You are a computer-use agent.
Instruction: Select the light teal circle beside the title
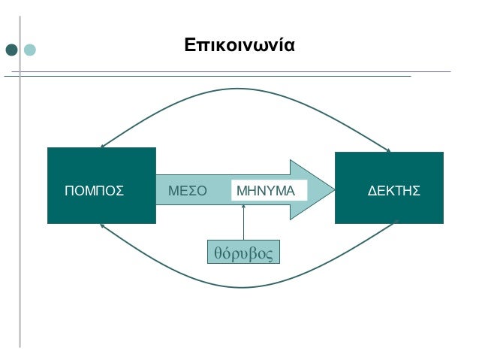coord(29,50)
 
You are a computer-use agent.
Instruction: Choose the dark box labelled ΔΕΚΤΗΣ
coord(389,188)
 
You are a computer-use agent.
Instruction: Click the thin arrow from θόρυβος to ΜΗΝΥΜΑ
coord(244,222)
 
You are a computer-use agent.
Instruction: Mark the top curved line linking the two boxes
coord(246,89)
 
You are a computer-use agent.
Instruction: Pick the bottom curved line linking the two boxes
coord(246,286)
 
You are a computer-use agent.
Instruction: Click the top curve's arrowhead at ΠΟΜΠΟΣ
coord(102,147)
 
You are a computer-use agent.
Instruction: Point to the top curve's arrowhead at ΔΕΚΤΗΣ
coord(389,150)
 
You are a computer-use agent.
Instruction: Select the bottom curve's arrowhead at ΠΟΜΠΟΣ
coord(102,225)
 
